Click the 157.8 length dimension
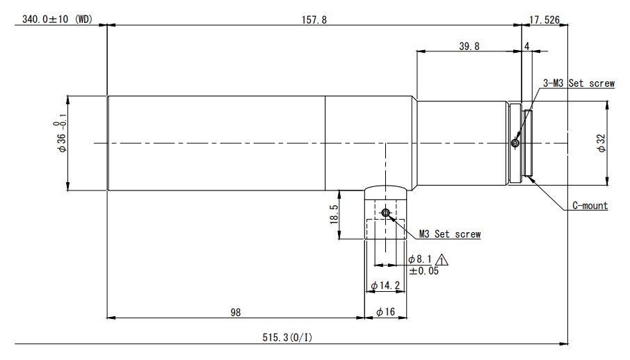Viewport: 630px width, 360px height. (x=314, y=19)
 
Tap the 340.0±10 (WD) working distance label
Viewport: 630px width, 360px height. (x=57, y=19)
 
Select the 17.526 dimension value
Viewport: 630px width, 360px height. (x=544, y=19)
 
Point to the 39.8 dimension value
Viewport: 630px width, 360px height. (x=469, y=46)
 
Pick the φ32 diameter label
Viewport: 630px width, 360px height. (x=601, y=143)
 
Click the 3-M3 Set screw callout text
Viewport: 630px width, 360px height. (x=579, y=83)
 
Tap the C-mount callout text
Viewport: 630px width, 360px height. (x=590, y=206)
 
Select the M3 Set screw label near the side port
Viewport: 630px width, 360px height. (x=450, y=234)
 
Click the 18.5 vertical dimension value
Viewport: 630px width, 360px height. (x=334, y=214)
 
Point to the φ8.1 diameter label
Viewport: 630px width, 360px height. (x=420, y=259)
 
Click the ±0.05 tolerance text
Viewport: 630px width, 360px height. (x=424, y=271)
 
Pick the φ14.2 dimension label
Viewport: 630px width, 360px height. (x=385, y=286)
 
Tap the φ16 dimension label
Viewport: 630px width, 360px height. (x=385, y=312)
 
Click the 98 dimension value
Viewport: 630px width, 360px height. (x=236, y=312)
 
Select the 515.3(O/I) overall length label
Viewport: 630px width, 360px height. (x=287, y=338)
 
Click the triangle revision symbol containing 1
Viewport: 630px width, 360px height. (x=442, y=260)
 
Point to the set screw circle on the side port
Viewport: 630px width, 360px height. (x=386, y=213)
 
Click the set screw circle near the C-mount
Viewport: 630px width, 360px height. (x=515, y=143)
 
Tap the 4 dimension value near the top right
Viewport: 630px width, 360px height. (x=527, y=46)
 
